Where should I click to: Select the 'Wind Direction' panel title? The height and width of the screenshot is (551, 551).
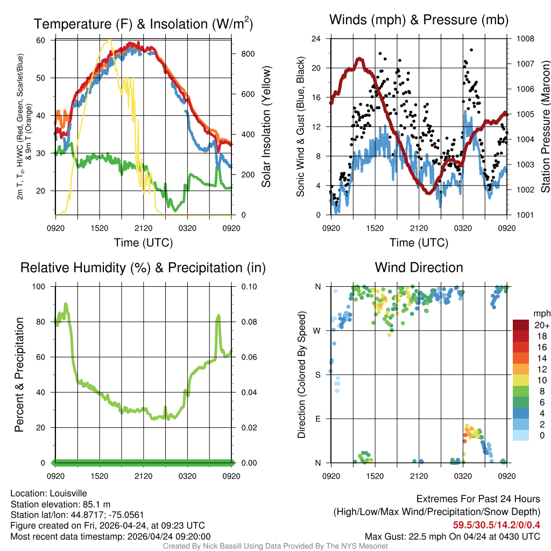pos(419,267)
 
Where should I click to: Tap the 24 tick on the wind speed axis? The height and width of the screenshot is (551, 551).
pos(316,39)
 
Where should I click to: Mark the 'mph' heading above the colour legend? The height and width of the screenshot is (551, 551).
pos(540,313)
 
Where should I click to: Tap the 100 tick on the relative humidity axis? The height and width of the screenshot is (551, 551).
pos(40,286)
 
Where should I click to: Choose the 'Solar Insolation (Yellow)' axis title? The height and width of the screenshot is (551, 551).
pos(266,127)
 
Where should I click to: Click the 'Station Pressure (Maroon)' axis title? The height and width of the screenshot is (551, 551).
pos(545,127)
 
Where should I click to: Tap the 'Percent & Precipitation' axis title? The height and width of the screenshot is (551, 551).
pos(19,375)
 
